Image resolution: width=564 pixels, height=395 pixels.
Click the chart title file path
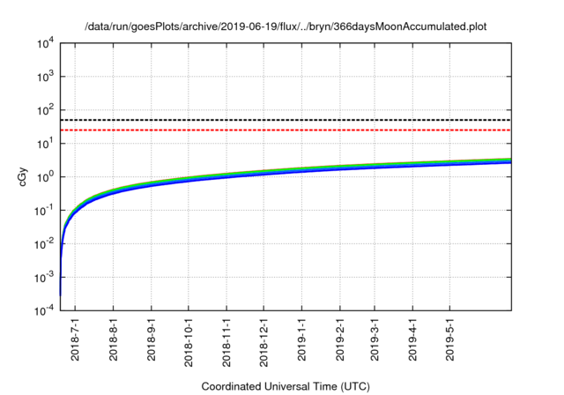click(286, 26)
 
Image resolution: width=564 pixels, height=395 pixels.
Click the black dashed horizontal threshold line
click(286, 120)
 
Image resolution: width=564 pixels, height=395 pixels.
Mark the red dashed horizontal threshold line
click(286, 130)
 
